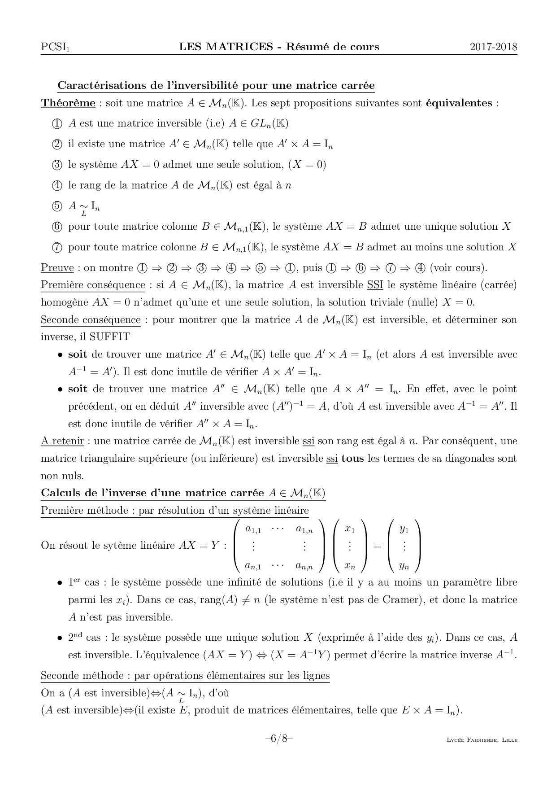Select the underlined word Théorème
coord(68,103)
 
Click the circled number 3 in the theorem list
coord(57,165)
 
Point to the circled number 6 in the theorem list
coord(57,227)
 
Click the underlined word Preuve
coord(57,268)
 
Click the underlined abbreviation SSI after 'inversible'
coord(375,285)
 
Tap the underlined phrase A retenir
coord(62,441)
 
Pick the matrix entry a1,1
coord(253,530)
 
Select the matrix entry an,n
coord(304,566)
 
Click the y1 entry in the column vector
coord(404,530)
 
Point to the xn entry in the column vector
coord(350,566)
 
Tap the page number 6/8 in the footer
coord(278,739)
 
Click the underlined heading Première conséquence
coord(93,285)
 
